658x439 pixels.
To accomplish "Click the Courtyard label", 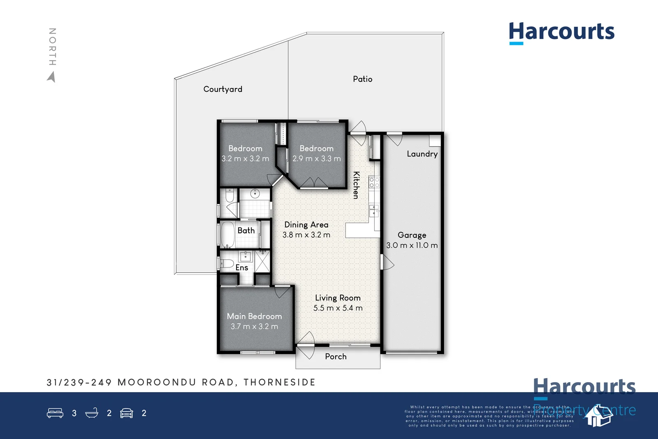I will pos(222,89).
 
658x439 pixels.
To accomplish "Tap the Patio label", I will pos(362,79).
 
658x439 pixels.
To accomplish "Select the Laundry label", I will pos(422,154).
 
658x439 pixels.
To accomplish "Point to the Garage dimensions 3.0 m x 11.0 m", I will pos(412,245).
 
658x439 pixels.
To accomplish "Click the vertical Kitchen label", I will pos(357,185).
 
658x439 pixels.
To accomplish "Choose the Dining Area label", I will pos(306,225).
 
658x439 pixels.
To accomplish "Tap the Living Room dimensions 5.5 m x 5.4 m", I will pos(338,308).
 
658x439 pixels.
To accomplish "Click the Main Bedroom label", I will pos(254,316).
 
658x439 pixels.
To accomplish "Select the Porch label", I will pos(336,357).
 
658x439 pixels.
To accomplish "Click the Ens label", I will pos(242,267).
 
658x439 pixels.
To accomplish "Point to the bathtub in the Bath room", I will pos(227,234).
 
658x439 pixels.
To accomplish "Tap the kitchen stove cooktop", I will pos(374,182).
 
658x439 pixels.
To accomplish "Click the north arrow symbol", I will pos(51,77).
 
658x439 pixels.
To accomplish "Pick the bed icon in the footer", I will pos(55,413).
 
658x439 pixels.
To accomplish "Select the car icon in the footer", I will pos(127,413).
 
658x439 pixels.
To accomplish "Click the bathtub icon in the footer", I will pos(92,413).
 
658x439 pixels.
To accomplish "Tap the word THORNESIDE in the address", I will pos(279,383).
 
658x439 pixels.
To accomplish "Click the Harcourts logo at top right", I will pos(561,32).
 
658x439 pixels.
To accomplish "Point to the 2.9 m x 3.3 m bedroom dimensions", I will pos(316,159).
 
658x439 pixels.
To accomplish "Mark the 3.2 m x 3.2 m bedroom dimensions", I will pos(245,159).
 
